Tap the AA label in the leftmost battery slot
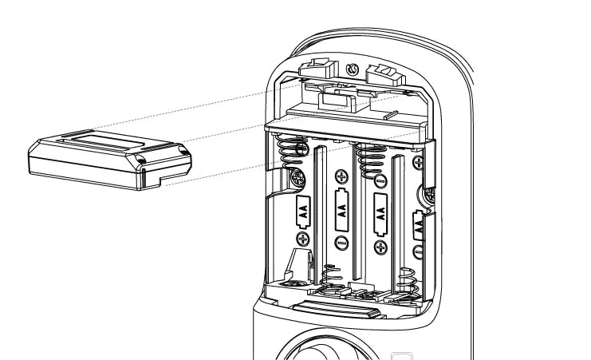point(303,212)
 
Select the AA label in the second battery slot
point(342,209)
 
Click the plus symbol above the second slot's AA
point(342,177)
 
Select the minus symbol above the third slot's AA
point(381,180)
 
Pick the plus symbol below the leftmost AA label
point(303,239)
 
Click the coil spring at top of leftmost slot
point(293,152)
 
